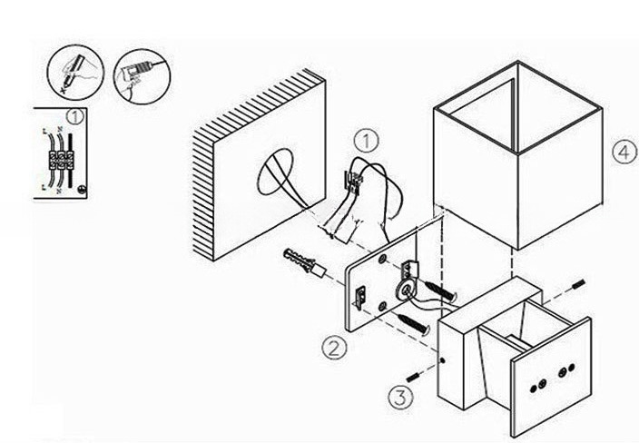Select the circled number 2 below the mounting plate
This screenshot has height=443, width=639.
[334, 346]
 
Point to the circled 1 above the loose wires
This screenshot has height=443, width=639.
[365, 142]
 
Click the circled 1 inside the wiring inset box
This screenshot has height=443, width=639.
[74, 116]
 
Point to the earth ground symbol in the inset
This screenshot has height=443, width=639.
[84, 190]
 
